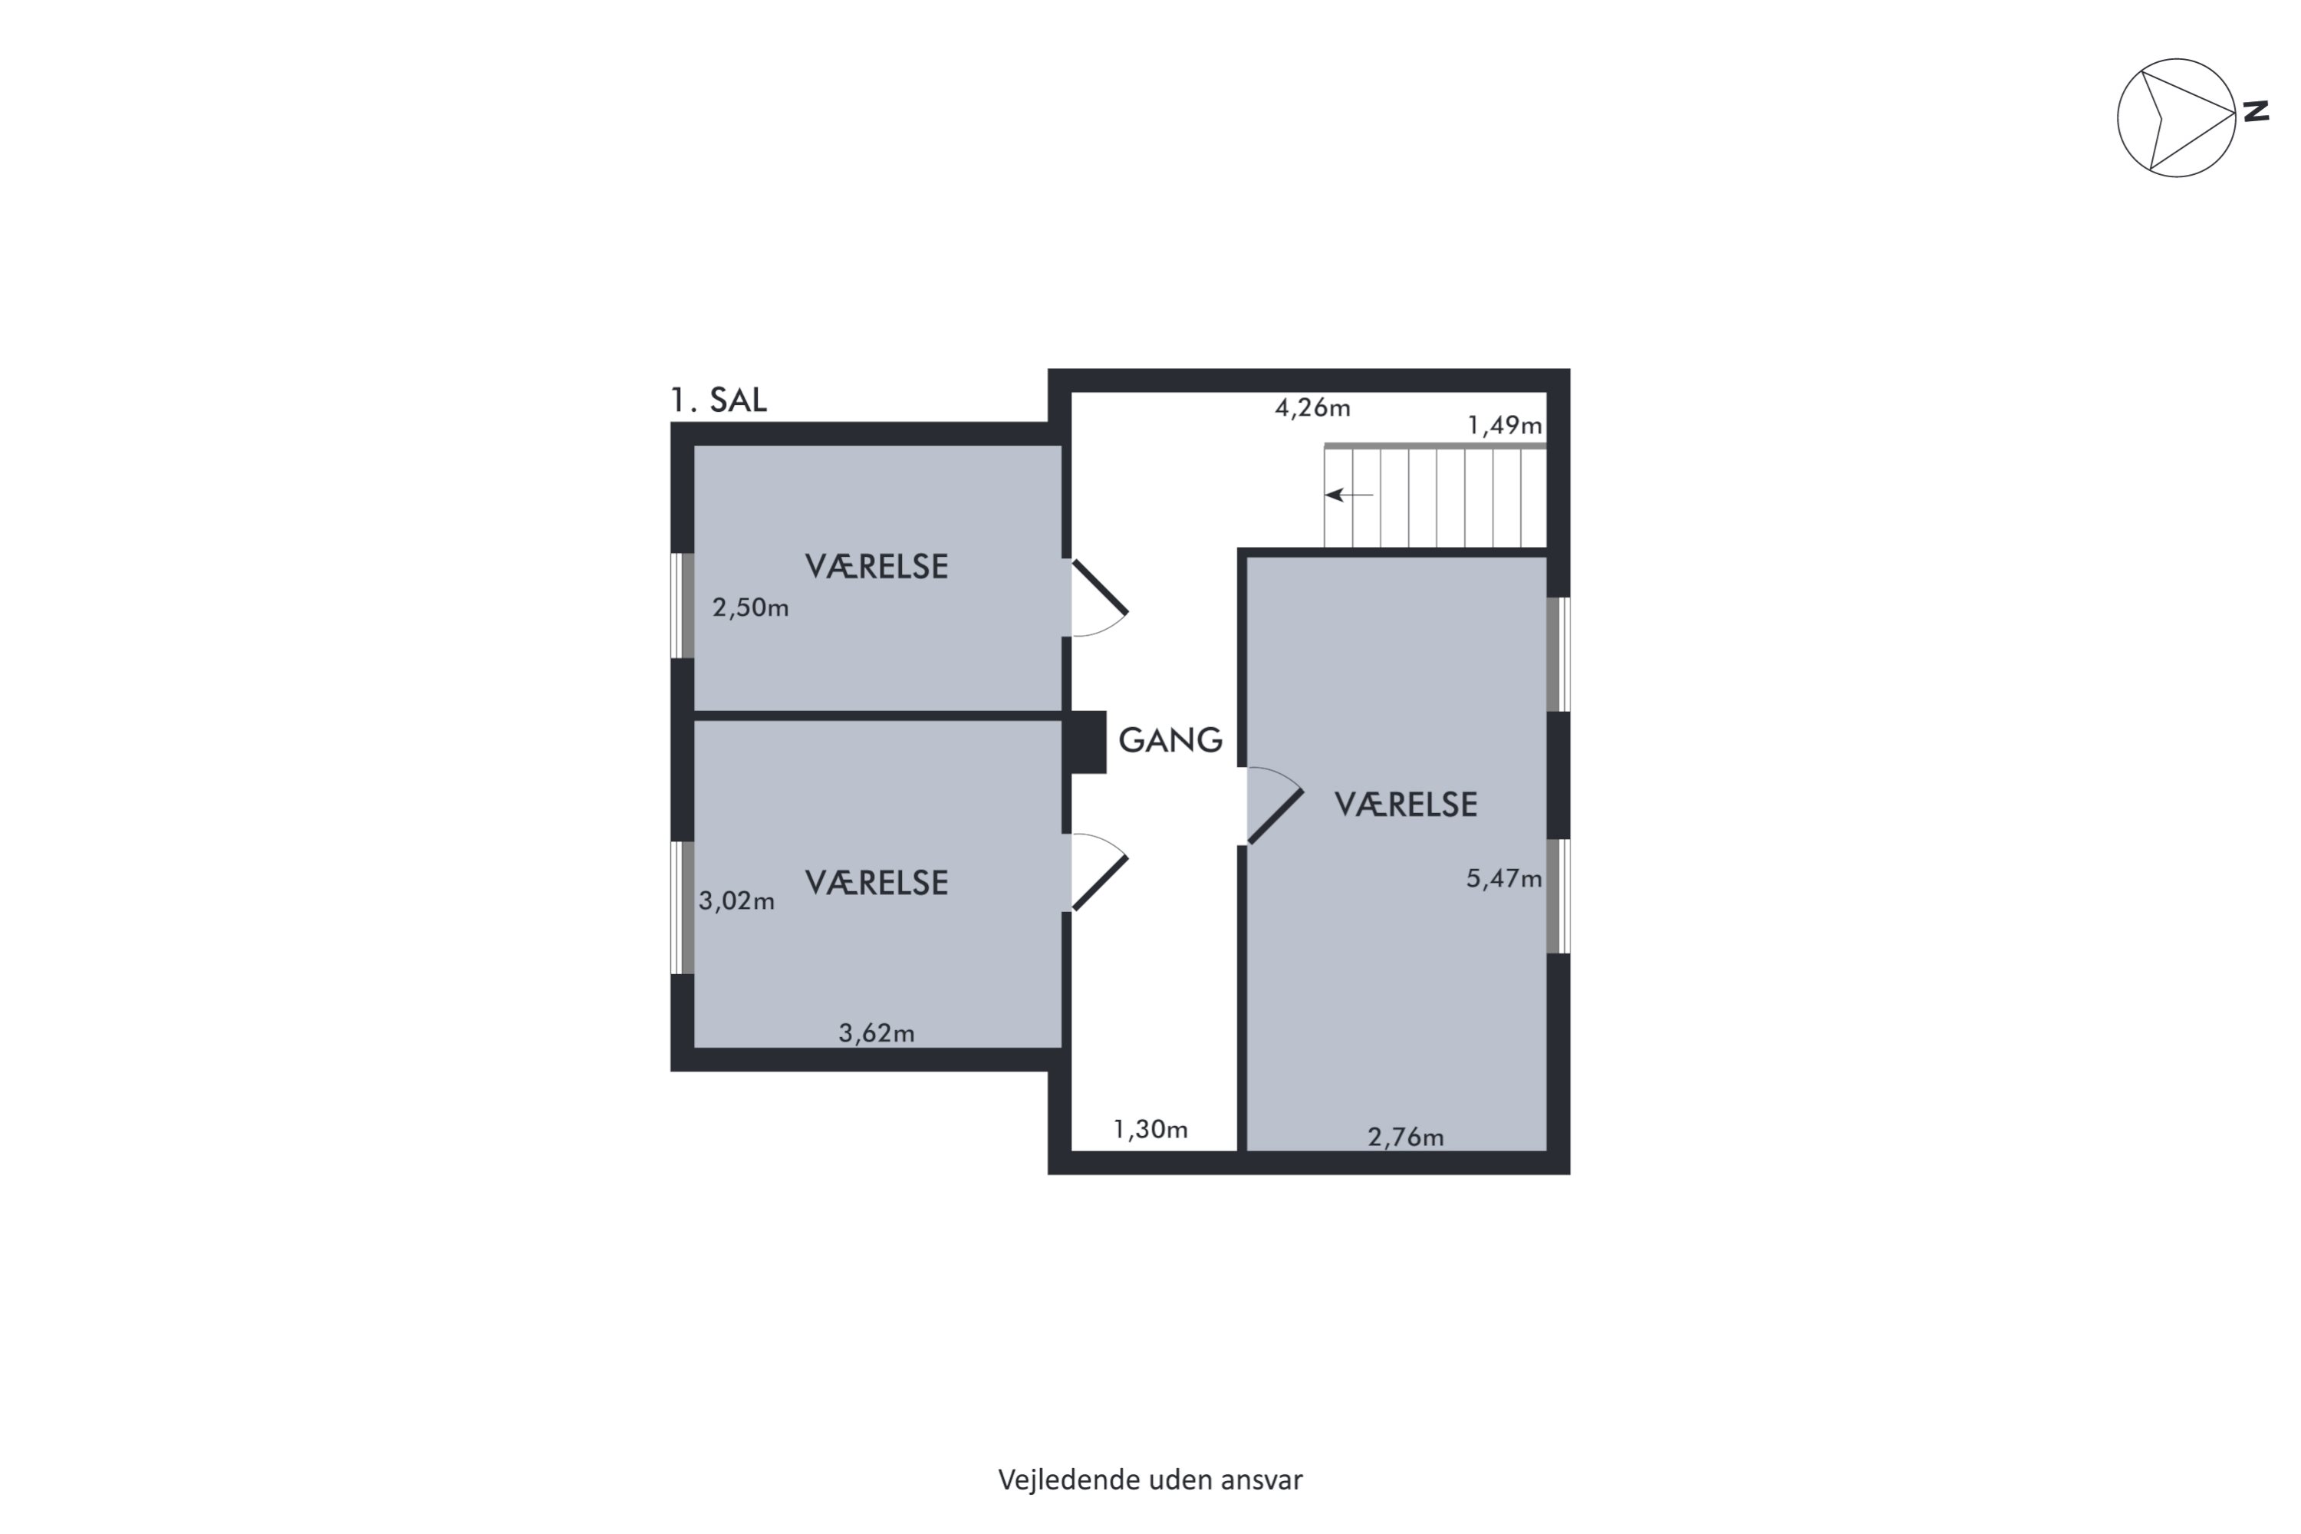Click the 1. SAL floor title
pyautogui.click(x=718, y=400)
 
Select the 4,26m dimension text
pyautogui.click(x=1312, y=407)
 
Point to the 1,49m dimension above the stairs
pyautogui.click(x=1505, y=426)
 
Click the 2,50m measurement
pyautogui.click(x=750, y=607)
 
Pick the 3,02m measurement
pyautogui.click(x=736, y=901)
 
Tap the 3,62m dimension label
pyautogui.click(x=877, y=1033)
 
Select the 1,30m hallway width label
pyautogui.click(x=1150, y=1130)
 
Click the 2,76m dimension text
pyautogui.click(x=1405, y=1137)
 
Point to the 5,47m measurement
pyautogui.click(x=1503, y=878)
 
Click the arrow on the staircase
pyautogui.click(x=1349, y=495)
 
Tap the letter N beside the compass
pyautogui.click(x=2256, y=111)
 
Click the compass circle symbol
pyautogui.click(x=2177, y=59)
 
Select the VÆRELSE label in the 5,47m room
pyautogui.click(x=1406, y=804)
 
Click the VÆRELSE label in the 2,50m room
pyautogui.click(x=877, y=567)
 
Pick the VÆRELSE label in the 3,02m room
pyautogui.click(x=877, y=883)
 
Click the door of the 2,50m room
pyautogui.click(x=1101, y=586)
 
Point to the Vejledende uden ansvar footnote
pyautogui.click(x=1150, y=1480)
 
